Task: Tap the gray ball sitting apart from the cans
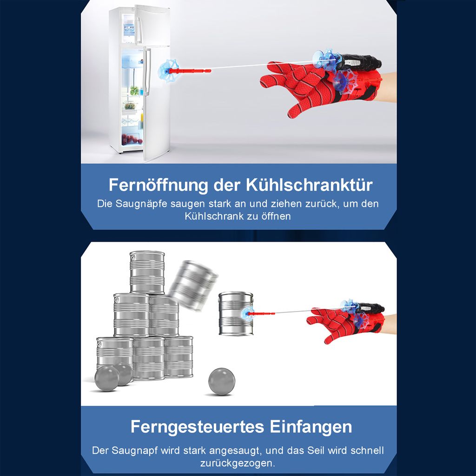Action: (x=221, y=381)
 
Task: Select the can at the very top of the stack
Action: (x=147, y=272)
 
